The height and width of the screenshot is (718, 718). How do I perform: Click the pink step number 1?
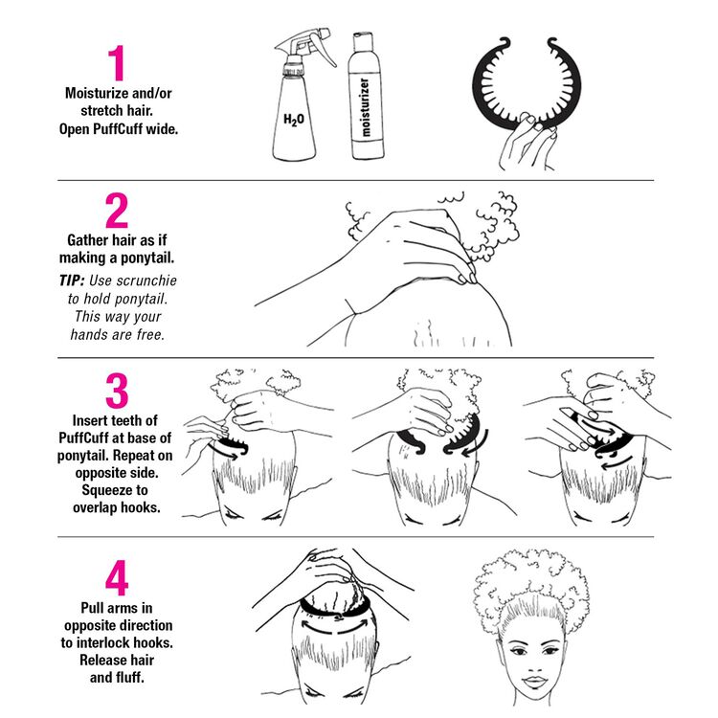pos(117,62)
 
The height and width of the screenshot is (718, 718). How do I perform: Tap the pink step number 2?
pos(116,211)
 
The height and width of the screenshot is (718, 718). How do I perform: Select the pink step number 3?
pos(117,391)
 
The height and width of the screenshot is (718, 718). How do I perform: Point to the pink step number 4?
pos(117,577)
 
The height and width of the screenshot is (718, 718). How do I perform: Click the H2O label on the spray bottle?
pos(294,120)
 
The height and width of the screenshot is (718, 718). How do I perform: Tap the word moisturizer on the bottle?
pos(365,107)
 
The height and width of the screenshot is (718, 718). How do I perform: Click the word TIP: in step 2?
pos(72,280)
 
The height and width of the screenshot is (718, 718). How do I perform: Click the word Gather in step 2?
pos(87,240)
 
